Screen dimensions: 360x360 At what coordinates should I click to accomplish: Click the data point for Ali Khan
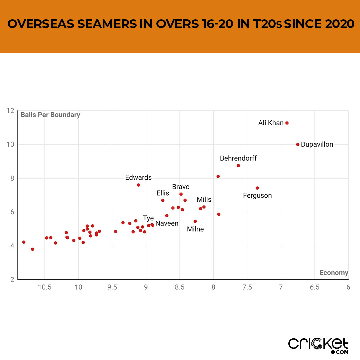(x=287, y=123)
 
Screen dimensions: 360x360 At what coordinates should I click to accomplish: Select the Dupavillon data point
(x=298, y=144)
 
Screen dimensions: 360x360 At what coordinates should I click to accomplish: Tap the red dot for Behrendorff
(x=238, y=166)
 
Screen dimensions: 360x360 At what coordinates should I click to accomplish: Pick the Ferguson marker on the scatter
(x=257, y=188)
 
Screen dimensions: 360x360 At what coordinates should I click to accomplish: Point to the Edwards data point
(x=138, y=185)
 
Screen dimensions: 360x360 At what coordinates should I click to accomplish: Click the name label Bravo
(x=181, y=187)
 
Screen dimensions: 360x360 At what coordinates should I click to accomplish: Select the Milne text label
(x=195, y=229)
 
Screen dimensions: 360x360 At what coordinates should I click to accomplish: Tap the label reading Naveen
(x=167, y=224)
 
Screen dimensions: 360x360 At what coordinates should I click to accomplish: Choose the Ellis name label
(x=163, y=193)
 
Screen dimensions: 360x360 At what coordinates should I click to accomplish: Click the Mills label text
(x=204, y=200)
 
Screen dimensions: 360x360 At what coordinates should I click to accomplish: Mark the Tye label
(x=148, y=218)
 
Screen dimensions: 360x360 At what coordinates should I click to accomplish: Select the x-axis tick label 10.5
(x=45, y=287)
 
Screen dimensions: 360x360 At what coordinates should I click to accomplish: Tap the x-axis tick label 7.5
(x=247, y=287)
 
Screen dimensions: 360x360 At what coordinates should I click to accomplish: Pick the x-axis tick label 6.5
(x=315, y=287)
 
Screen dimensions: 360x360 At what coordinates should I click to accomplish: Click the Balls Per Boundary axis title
(x=50, y=115)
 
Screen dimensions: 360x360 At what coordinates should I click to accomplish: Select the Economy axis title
(x=334, y=273)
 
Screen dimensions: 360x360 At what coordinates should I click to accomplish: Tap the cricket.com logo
(x=318, y=345)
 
